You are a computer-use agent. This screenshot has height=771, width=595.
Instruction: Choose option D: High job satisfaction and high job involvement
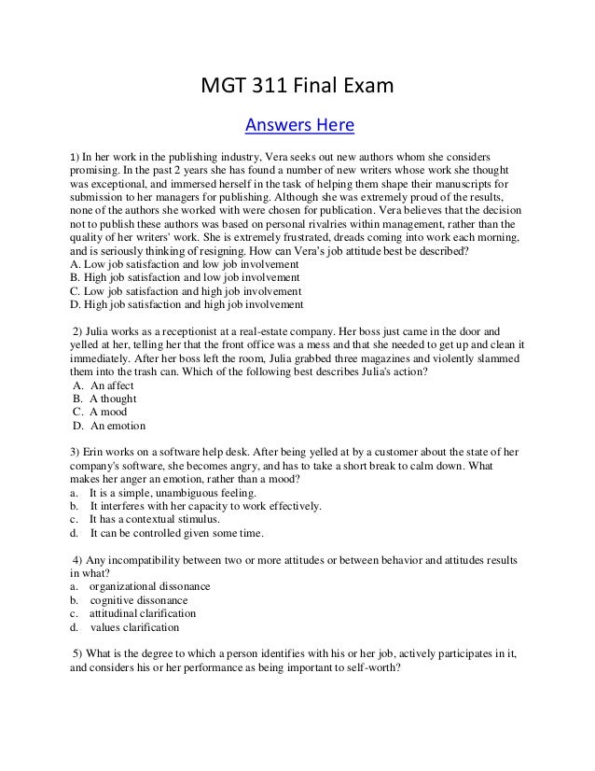tap(187, 303)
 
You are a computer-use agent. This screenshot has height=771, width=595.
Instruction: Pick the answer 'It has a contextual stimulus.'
tap(155, 519)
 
